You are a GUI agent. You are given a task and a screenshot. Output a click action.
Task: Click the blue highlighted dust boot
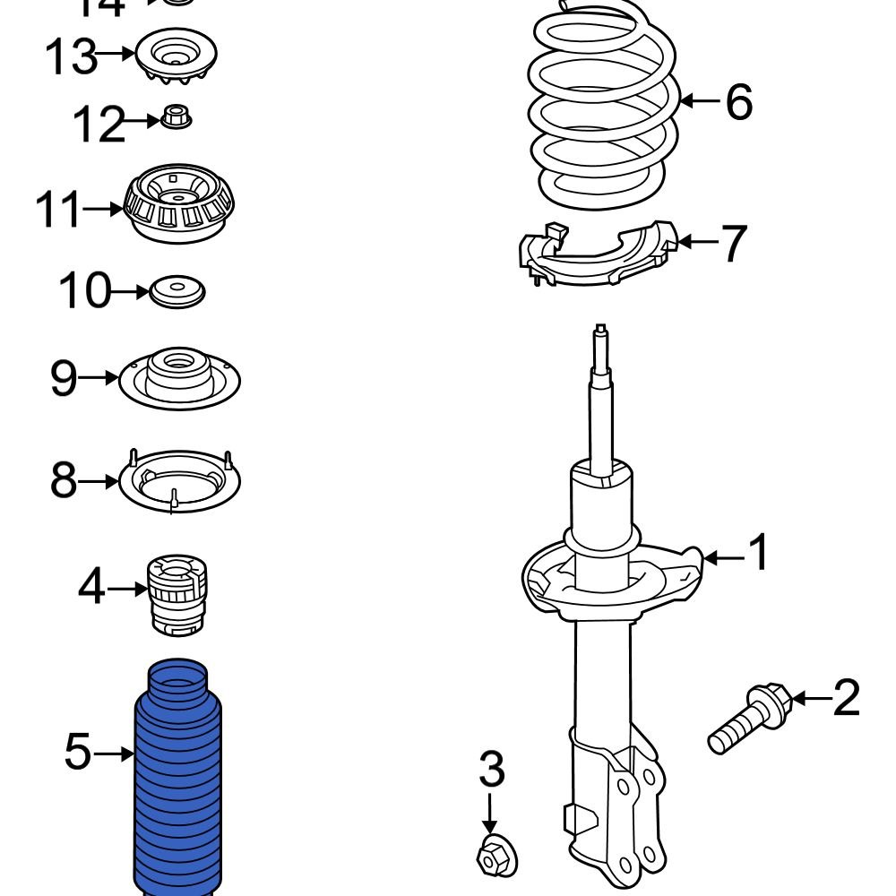tap(181, 780)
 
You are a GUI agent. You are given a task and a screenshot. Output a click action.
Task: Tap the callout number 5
tap(78, 753)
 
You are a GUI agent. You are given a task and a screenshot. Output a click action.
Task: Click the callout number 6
tap(738, 101)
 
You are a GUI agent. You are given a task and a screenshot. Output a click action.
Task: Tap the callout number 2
tap(845, 698)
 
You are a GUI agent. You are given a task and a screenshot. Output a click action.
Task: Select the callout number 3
tap(490, 770)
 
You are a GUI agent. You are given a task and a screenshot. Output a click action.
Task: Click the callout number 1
tap(758, 555)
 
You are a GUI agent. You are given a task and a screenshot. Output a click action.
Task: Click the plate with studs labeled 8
tap(179, 481)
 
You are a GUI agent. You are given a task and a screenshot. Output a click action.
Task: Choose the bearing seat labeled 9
tap(179, 378)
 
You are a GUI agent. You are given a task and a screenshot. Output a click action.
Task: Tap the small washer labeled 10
tap(177, 292)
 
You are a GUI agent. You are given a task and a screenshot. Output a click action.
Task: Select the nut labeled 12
tap(176, 117)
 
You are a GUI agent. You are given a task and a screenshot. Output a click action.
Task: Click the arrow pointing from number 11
tap(102, 210)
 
